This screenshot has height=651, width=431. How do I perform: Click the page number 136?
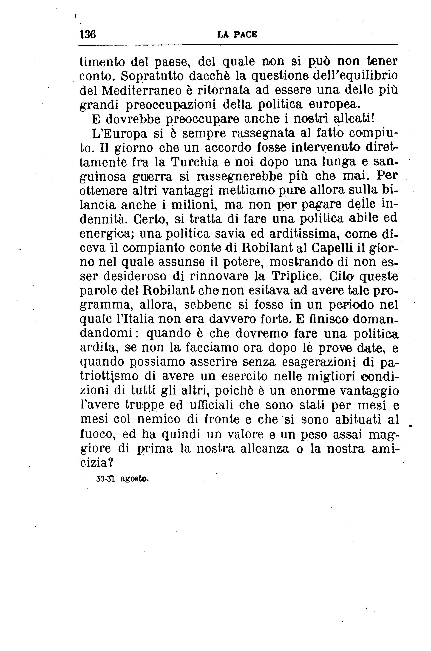point(87,35)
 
